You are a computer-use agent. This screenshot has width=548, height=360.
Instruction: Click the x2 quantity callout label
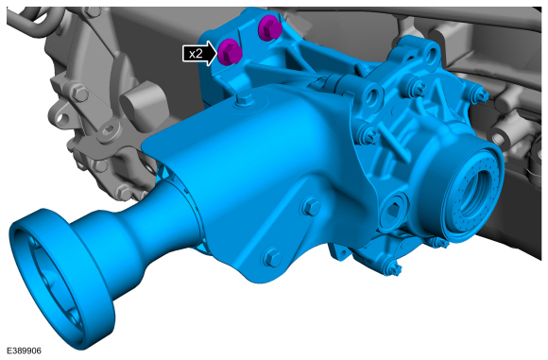pos(196,54)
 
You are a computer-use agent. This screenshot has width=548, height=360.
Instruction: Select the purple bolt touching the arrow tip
pos(230,52)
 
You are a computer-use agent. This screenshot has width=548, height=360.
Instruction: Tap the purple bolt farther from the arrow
pos(269,27)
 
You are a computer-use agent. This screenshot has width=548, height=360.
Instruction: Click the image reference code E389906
pos(24,351)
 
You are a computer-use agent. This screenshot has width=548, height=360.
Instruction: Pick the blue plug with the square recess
pos(393,210)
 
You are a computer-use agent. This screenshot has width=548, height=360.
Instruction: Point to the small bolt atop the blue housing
pos(244,99)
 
